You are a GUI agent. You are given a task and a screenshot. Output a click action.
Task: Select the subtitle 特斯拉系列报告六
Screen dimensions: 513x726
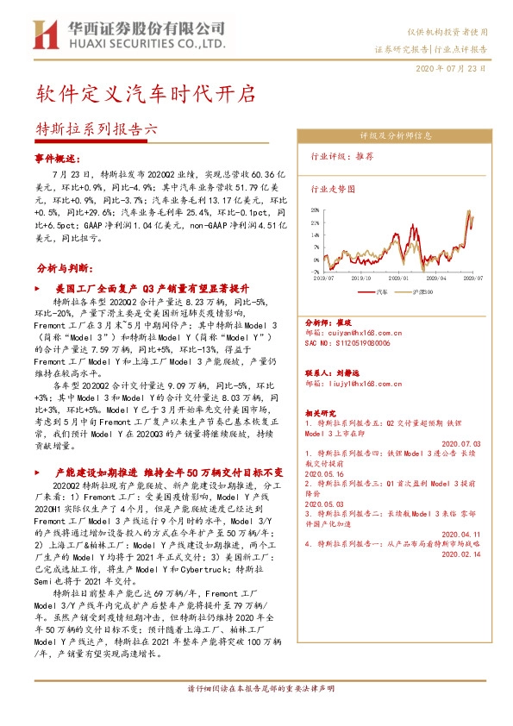click(x=97, y=129)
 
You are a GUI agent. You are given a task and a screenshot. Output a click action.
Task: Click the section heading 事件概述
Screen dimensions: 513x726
click(x=57, y=160)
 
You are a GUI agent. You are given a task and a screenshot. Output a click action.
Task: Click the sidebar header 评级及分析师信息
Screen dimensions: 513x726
click(x=396, y=136)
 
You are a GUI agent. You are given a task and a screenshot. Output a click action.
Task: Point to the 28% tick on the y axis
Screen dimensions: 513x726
click(x=316, y=209)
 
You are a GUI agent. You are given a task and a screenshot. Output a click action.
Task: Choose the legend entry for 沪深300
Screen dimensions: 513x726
click(x=428, y=292)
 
